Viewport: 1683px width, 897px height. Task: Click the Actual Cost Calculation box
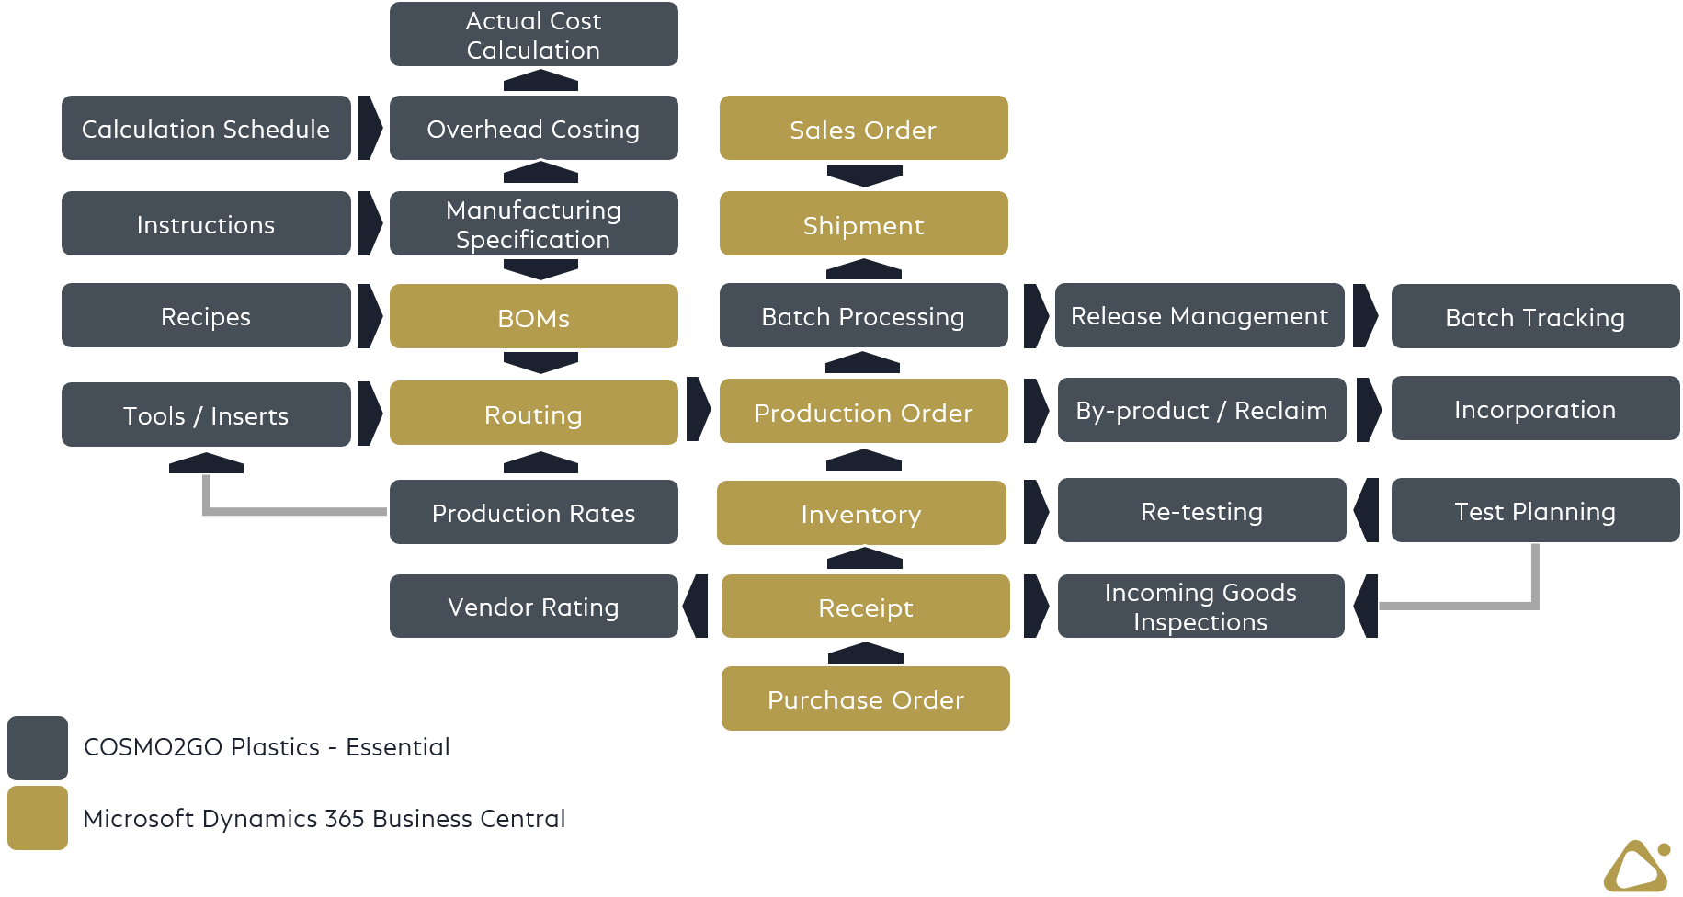click(533, 35)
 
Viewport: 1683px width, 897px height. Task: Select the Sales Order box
click(863, 129)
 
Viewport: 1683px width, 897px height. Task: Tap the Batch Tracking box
click(1535, 317)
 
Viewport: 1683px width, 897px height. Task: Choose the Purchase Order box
click(865, 699)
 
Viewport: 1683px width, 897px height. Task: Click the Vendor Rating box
click(533, 607)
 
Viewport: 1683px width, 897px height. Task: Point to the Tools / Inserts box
click(206, 415)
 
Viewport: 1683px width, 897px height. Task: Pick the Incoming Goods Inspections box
click(1200, 607)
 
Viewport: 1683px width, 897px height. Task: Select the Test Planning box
click(1535, 511)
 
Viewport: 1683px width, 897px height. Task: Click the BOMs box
click(533, 317)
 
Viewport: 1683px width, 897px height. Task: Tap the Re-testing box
click(1201, 511)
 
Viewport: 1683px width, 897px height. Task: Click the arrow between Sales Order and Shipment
click(864, 176)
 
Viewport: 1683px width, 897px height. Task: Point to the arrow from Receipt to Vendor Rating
click(696, 606)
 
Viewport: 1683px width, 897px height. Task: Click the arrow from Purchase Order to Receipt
click(865, 653)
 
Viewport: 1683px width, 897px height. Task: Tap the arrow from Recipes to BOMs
click(370, 315)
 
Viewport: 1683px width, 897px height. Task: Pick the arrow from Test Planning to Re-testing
click(1367, 510)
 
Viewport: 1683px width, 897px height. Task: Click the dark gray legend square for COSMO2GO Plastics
click(38, 747)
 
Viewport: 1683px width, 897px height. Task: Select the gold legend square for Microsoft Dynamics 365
click(38, 818)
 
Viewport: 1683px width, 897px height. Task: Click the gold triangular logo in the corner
click(1637, 867)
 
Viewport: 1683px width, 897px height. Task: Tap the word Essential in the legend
click(397, 747)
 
